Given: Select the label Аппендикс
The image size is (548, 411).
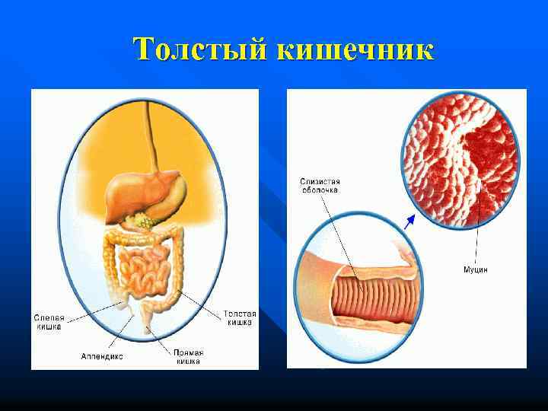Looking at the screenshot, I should (101, 355).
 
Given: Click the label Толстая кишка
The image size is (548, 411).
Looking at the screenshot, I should (240, 317).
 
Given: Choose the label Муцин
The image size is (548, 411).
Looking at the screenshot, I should (476, 269).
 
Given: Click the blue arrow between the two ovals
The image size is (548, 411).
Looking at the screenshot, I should (409, 221).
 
